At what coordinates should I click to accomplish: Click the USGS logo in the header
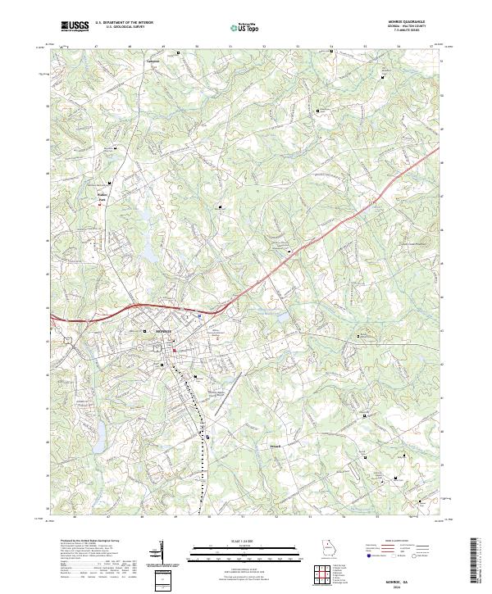click(73, 27)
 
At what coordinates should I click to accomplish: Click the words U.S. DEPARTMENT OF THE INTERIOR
click(124, 24)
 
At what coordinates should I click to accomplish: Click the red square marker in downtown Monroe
click(174, 352)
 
